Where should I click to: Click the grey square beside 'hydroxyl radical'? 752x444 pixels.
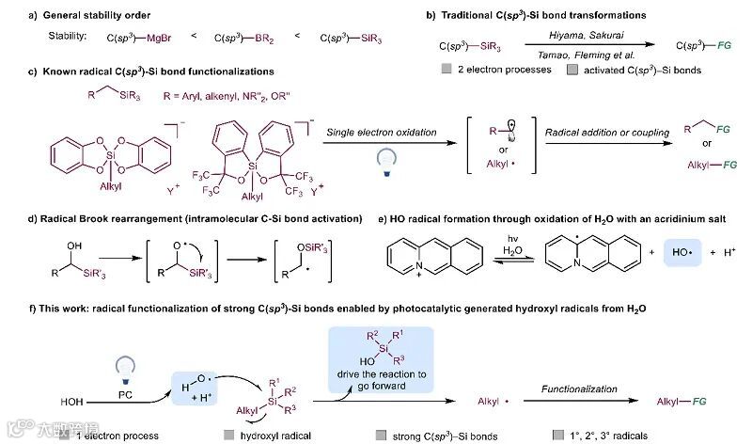click(x=229, y=436)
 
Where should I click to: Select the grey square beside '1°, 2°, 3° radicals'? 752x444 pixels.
click(x=560, y=436)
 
